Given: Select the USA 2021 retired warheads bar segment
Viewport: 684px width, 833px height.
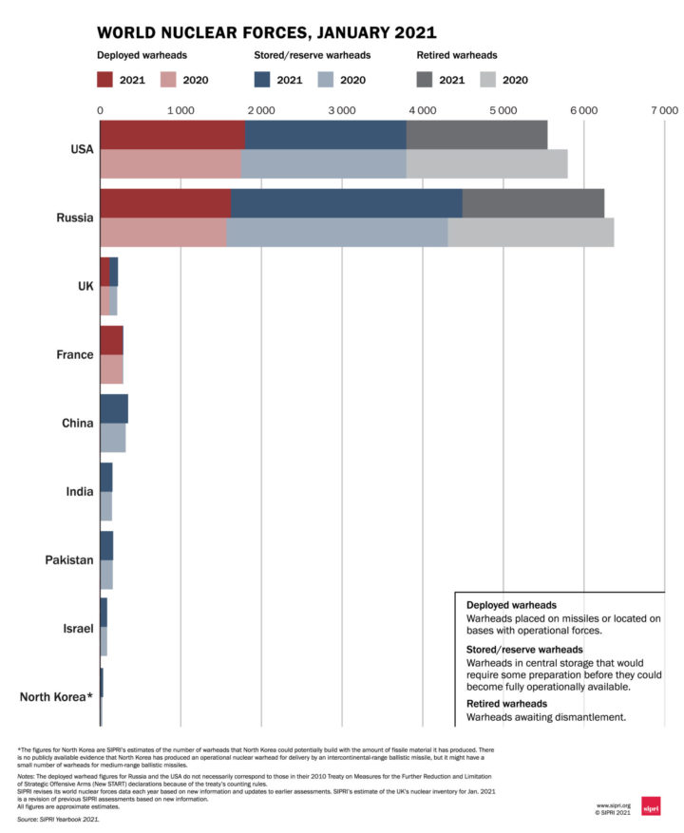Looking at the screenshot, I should pyautogui.click(x=476, y=135).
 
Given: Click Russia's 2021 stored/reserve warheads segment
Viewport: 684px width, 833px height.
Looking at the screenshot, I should pyautogui.click(x=346, y=203).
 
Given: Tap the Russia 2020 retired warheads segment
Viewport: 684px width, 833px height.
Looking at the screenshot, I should pyautogui.click(x=530, y=233).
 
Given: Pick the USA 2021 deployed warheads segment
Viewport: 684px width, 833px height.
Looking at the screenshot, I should pyautogui.click(x=172, y=135).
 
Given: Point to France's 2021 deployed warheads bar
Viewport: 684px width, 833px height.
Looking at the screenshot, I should pyautogui.click(x=111, y=340).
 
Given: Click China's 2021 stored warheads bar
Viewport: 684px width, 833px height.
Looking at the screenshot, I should pyautogui.click(x=114, y=408).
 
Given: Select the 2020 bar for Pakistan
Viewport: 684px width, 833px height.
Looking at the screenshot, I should pyautogui.click(x=106, y=575).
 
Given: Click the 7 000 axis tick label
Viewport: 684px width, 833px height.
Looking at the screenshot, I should pyautogui.click(x=664, y=110).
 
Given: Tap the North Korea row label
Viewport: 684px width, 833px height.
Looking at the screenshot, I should pyautogui.click(x=56, y=697).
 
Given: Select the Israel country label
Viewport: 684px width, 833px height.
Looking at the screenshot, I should pyautogui.click(x=77, y=629).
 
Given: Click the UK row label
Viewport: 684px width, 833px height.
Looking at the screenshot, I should pyautogui.click(x=85, y=286).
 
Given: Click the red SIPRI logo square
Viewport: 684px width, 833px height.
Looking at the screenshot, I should pyautogui.click(x=652, y=806).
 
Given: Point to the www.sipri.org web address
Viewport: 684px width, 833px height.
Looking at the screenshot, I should pyautogui.click(x=613, y=805).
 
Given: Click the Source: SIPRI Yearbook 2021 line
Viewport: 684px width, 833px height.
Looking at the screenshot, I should pyautogui.click(x=58, y=817).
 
